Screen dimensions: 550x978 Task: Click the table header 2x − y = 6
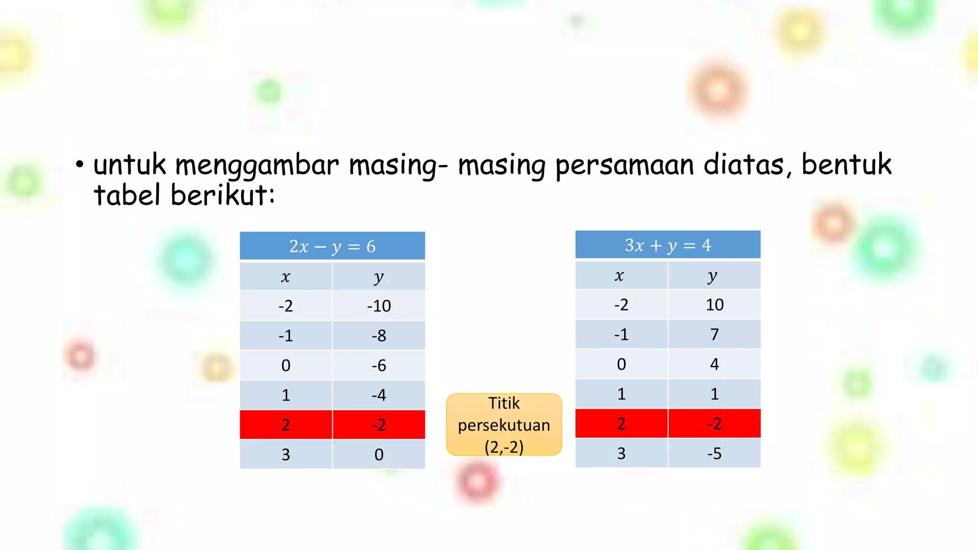click(332, 246)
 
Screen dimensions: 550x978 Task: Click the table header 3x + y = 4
click(668, 245)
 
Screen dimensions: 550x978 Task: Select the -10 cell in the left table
click(379, 306)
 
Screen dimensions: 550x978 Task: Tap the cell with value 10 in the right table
click(714, 305)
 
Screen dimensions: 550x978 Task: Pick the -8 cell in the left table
click(379, 336)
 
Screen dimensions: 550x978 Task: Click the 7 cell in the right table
click(714, 335)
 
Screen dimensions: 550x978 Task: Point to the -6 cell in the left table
click(379, 366)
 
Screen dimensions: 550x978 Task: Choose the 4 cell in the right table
click(714, 364)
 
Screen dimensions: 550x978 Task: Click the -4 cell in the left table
click(379, 395)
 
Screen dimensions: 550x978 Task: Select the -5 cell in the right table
click(714, 454)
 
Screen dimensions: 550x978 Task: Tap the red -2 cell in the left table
click(379, 425)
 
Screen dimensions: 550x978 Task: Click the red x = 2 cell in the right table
click(621, 424)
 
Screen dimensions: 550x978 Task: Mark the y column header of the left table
click(379, 277)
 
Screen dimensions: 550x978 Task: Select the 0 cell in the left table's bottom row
click(379, 455)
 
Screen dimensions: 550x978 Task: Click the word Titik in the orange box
click(504, 403)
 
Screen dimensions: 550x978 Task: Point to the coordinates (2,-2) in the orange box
click(504, 447)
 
